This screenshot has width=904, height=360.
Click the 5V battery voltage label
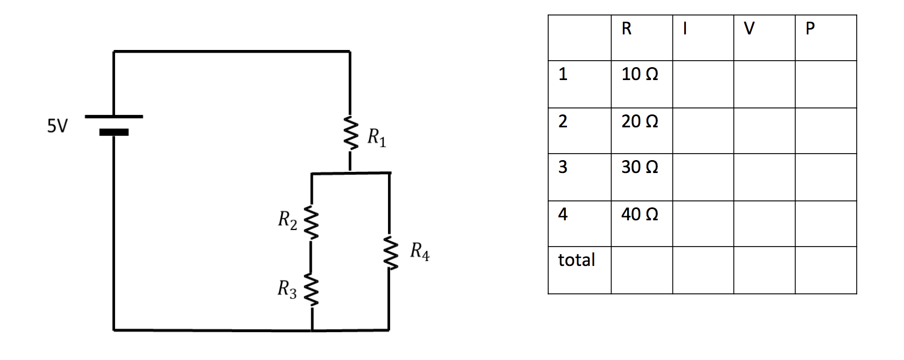(x=58, y=126)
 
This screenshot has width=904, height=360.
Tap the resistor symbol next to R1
(x=350, y=134)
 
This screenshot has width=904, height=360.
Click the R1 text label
(x=376, y=138)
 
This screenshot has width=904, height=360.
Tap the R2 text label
(x=287, y=220)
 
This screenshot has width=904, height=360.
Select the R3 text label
(x=286, y=289)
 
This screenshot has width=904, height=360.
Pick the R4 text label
(x=419, y=251)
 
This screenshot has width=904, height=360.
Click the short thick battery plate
(x=114, y=132)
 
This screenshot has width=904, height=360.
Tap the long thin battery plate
(x=114, y=116)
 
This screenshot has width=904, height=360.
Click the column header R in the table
(x=626, y=28)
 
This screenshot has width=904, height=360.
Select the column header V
(x=749, y=28)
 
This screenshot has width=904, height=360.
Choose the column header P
(x=810, y=28)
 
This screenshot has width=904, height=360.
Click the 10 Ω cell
(x=640, y=74)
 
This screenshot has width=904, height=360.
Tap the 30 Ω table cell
(x=640, y=167)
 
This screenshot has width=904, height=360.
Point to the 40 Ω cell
(x=640, y=214)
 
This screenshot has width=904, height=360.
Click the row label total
(x=576, y=260)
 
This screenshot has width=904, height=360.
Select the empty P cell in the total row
(x=826, y=270)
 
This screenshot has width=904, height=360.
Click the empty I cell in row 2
(x=703, y=131)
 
